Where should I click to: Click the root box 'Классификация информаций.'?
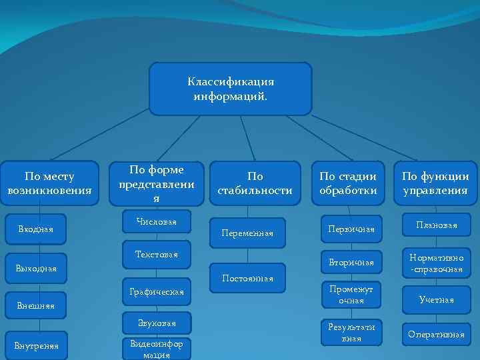pyautogui.click(x=231, y=89)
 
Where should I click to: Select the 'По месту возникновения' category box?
pyautogui.click(x=49, y=183)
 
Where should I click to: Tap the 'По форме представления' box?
pyautogui.click(x=157, y=184)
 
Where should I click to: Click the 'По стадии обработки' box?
pyautogui.click(x=348, y=183)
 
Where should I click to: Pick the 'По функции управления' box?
pyautogui.click(x=435, y=183)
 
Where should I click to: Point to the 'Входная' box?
pyautogui.click(x=37, y=229)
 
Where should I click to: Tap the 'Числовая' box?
pyautogui.click(x=156, y=221)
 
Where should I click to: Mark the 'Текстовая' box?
pyautogui.click(x=157, y=254)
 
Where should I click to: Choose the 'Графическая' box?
pyautogui.click(x=157, y=291)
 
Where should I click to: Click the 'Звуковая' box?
pyautogui.click(x=157, y=323)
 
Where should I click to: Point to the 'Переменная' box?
pyautogui.click(x=247, y=233)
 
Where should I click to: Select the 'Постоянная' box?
pyautogui.click(x=249, y=278)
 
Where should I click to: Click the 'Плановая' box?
pyautogui.click(x=437, y=225)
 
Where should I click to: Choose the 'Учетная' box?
pyautogui.click(x=437, y=300)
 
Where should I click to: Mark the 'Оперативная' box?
pyautogui.click(x=437, y=335)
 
